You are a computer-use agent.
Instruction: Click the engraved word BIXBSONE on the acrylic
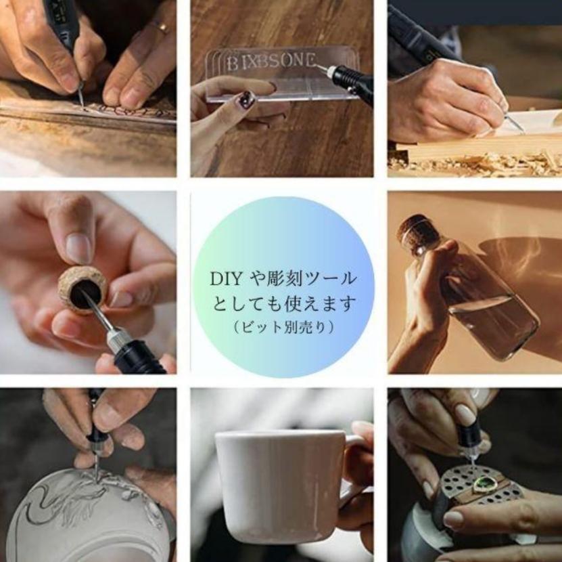point(271,62)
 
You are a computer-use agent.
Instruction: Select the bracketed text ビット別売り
point(283,327)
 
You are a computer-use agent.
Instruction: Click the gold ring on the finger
point(161,26)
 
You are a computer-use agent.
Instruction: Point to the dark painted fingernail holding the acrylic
point(247,99)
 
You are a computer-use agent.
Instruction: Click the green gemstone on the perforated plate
point(484,485)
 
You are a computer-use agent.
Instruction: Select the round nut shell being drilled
point(83,289)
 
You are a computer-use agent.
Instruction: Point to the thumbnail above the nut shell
point(78,248)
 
